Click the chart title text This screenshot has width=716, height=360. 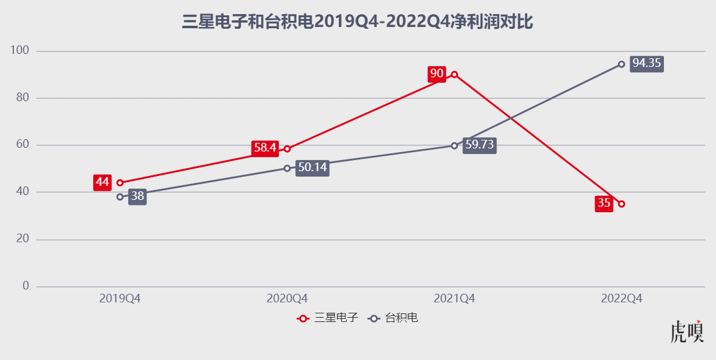click(357, 23)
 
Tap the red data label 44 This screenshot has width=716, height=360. click(102, 182)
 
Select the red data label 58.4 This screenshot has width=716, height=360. click(265, 148)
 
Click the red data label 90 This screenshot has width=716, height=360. click(436, 74)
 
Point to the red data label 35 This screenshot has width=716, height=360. click(604, 204)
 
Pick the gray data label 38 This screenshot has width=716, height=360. click(137, 197)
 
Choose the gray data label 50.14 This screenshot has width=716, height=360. click(313, 167)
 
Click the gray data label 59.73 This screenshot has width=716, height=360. click(479, 145)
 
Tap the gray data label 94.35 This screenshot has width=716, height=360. click(647, 63)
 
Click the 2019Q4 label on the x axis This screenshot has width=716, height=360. click(120, 299)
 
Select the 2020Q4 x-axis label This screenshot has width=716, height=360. click(287, 299)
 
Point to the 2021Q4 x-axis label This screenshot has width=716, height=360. click(454, 299)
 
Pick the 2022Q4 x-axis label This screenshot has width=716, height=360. click(622, 299)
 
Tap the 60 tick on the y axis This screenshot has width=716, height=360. click(23, 145)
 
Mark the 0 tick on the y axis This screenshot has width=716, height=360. click(26, 286)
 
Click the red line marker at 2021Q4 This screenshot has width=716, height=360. click(454, 75)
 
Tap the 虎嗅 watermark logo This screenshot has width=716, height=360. click(687, 331)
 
